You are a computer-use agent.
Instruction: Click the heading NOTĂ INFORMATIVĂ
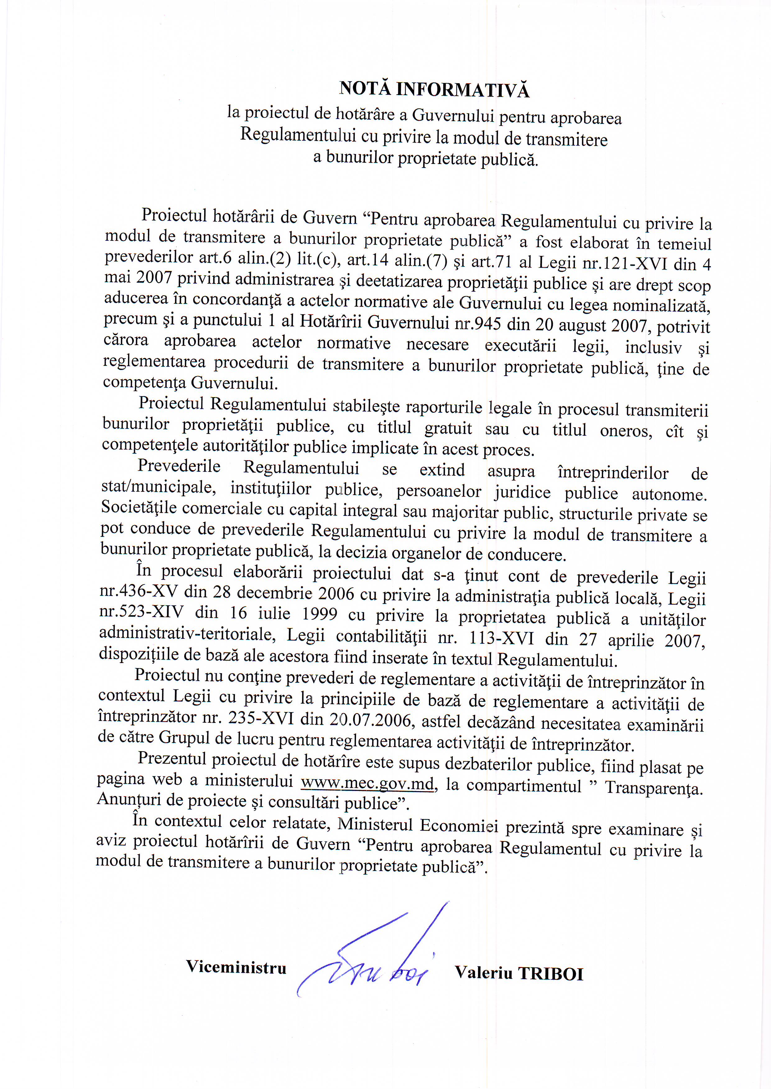(x=434, y=89)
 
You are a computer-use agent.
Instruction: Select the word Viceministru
(x=236, y=967)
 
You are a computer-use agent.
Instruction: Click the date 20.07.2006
(x=370, y=720)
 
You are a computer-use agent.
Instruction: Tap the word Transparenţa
(x=653, y=788)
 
